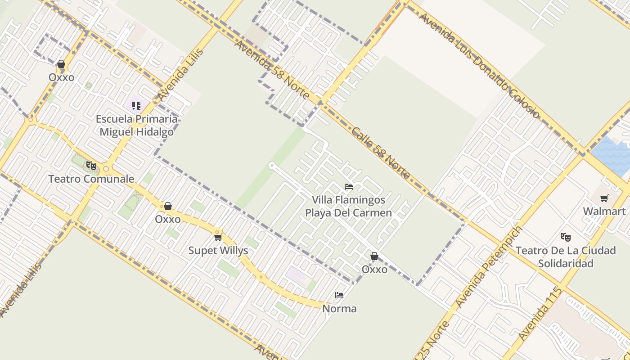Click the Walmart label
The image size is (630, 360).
click(x=604, y=211)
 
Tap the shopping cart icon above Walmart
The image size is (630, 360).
click(x=604, y=198)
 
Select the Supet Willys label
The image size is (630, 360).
click(x=218, y=251)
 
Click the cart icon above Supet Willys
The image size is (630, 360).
click(x=218, y=237)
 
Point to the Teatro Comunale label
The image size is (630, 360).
click(x=91, y=179)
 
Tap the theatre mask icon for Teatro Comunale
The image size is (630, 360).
click(x=91, y=166)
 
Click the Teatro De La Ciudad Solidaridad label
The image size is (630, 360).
click(x=566, y=256)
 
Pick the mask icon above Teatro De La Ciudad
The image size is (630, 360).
click(x=566, y=237)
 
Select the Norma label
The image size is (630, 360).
click(x=339, y=309)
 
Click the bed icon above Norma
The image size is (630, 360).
click(x=339, y=295)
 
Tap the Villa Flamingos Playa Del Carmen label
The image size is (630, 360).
click(x=349, y=206)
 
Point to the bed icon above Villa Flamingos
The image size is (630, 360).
click(x=349, y=186)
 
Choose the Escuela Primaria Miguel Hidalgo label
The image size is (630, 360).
click(x=136, y=126)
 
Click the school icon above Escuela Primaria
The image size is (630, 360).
click(x=136, y=106)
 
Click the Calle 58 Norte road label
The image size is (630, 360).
click(x=381, y=153)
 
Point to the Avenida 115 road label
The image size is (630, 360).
click(x=540, y=313)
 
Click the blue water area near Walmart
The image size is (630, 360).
click(x=612, y=155)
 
